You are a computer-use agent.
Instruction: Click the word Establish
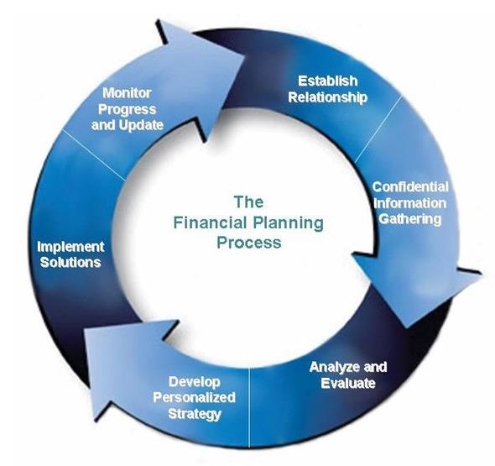click(328, 81)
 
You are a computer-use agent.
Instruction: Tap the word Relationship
click(328, 97)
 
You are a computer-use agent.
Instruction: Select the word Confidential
click(410, 186)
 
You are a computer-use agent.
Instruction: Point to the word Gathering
click(409, 219)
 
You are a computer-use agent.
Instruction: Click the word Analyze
click(335, 367)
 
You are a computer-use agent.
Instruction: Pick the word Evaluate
click(348, 383)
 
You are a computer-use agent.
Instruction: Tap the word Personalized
click(194, 397)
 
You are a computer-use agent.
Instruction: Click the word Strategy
click(195, 414)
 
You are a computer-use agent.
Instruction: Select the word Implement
click(70, 247)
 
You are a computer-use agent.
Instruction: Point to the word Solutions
click(70, 263)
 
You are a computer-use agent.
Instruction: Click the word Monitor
click(127, 93)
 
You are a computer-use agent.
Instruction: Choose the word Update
click(141, 125)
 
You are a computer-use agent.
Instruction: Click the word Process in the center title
click(249, 243)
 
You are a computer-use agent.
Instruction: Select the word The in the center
click(249, 202)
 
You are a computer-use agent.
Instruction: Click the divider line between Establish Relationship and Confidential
click(378, 129)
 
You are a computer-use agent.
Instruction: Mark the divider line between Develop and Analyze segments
click(250, 407)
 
